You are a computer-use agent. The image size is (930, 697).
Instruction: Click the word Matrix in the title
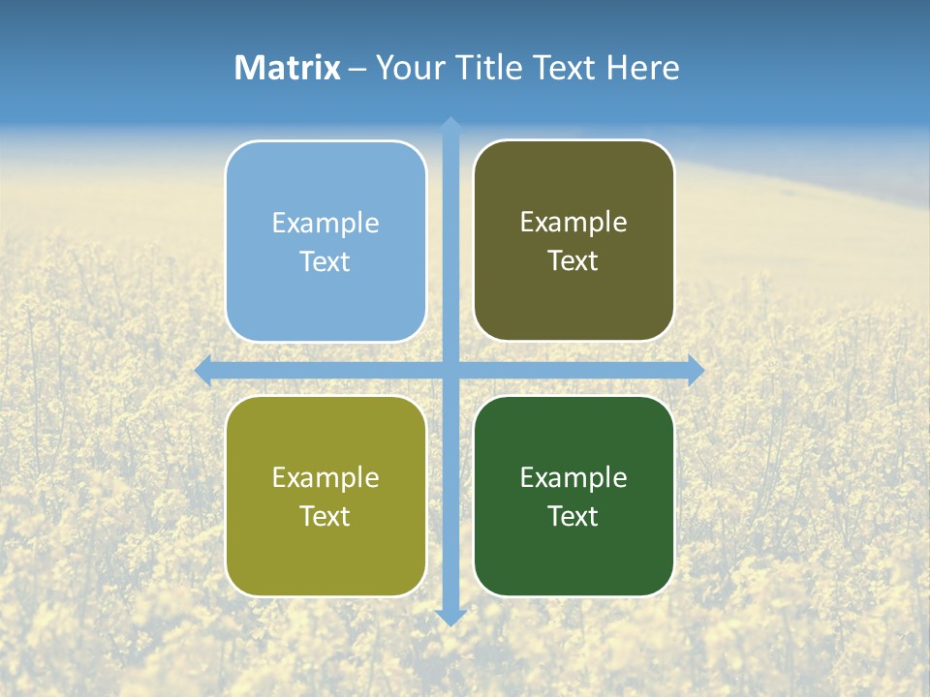click(288, 68)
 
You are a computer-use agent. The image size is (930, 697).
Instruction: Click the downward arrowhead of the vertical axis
click(450, 618)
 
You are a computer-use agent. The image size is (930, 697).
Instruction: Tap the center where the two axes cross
click(450, 370)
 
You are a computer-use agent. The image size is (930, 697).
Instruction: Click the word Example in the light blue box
click(325, 224)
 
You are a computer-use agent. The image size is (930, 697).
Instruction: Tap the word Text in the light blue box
click(325, 262)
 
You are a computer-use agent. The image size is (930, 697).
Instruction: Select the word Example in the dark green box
click(573, 477)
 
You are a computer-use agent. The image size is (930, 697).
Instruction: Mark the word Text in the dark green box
click(573, 516)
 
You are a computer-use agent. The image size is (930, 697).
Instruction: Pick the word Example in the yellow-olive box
click(325, 477)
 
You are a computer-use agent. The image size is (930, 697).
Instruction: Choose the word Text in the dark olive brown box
click(573, 261)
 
